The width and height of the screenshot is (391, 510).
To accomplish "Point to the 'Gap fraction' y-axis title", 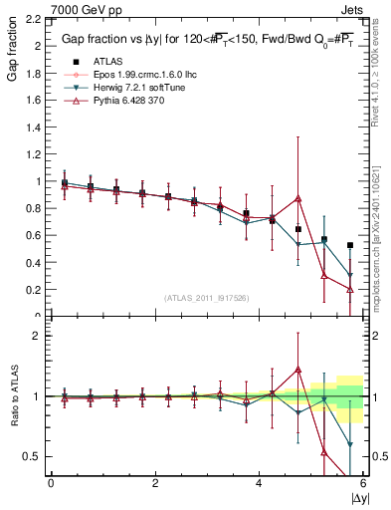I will click(x=12, y=52).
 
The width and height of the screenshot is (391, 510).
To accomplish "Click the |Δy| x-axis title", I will click(x=356, y=496).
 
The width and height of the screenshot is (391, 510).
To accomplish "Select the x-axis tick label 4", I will click(x=259, y=482).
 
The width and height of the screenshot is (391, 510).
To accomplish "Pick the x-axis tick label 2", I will click(x=155, y=482).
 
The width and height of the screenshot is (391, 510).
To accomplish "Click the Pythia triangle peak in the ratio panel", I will click(x=298, y=370).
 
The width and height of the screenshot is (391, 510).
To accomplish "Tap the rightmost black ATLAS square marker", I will click(x=350, y=245).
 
